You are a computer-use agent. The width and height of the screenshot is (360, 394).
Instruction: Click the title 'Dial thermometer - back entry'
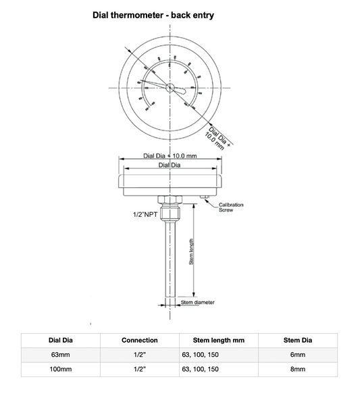coord(153,15)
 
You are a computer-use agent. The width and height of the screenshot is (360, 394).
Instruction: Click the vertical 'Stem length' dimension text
coord(192,251)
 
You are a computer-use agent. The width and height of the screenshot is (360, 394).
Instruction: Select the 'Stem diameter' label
coord(198,303)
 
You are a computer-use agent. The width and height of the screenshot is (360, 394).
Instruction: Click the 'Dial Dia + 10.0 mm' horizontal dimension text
coord(171,155)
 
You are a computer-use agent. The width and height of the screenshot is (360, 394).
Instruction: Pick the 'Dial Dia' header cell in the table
coord(59,340)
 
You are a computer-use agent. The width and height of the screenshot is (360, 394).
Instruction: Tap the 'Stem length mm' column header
coord(220,340)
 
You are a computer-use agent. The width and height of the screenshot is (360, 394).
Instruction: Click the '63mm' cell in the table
coord(59,355)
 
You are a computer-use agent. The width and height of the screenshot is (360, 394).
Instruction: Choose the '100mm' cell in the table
coord(59,370)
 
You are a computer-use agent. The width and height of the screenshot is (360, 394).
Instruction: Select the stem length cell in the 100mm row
coord(201,370)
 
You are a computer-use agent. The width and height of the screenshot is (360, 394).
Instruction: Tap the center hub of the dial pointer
coord(170,86)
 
